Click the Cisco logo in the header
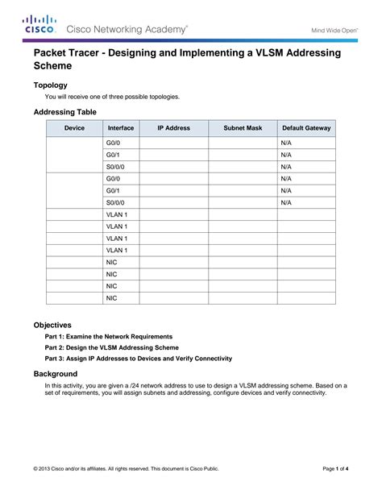tap(39, 23)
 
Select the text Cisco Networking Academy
tap(127, 28)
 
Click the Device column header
tap(74, 128)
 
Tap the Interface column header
tap(120, 128)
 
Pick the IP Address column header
tap(173, 128)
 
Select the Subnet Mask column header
tap(243, 128)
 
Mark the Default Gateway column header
tap(306, 128)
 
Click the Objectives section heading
tap(52, 324)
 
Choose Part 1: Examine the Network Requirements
tap(108, 336)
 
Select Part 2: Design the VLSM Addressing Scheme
tap(111, 347)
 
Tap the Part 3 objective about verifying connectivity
tap(138, 358)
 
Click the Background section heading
tap(55, 374)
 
